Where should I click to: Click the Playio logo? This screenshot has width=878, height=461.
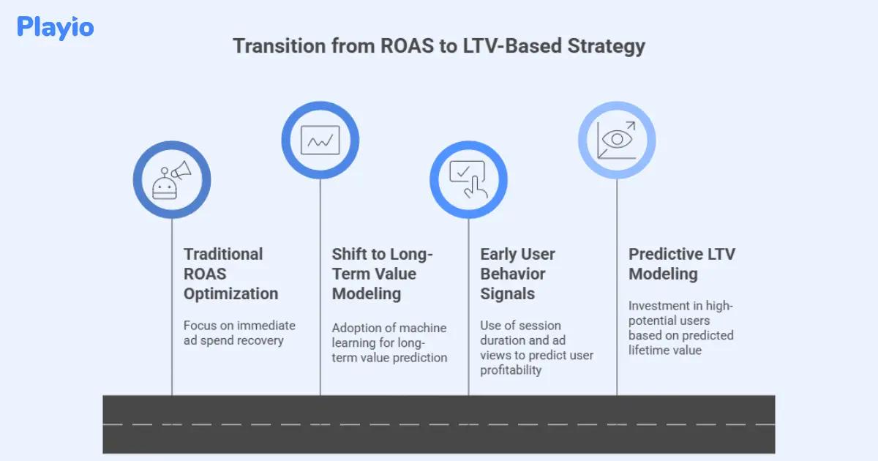click(56, 28)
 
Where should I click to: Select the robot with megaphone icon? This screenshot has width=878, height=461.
click(172, 180)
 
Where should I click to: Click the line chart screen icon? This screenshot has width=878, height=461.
click(320, 140)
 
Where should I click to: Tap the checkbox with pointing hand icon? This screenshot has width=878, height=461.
click(468, 180)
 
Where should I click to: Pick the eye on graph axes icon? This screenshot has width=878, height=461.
click(617, 140)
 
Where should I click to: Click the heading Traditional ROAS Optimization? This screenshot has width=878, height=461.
click(230, 274)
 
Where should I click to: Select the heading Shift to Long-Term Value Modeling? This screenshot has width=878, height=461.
click(382, 274)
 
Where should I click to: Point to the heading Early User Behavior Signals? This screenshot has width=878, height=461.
click(517, 274)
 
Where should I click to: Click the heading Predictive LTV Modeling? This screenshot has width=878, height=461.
click(681, 264)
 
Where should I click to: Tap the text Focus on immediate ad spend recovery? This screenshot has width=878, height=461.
click(239, 333)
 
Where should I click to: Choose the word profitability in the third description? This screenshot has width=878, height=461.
click(511, 370)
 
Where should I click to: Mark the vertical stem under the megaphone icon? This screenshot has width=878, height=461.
click(172, 307)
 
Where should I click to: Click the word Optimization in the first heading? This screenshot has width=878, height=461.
click(230, 293)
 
